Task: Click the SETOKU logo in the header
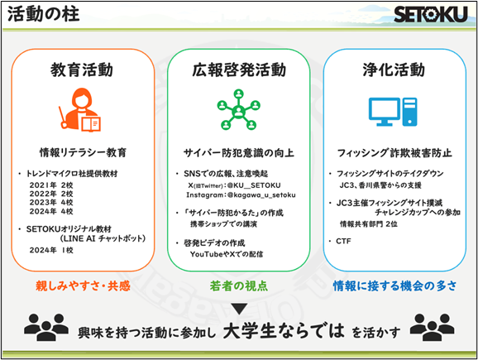pyautogui.click(x=431, y=14)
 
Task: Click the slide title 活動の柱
pyautogui.click(x=43, y=14)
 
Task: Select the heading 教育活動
pyautogui.click(x=82, y=70)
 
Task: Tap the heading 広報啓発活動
pyautogui.click(x=239, y=70)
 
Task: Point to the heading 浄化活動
pyautogui.click(x=394, y=70)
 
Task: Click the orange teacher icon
pyautogui.click(x=80, y=110)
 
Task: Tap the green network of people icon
pyautogui.click(x=238, y=109)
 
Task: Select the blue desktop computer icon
pyautogui.click(x=393, y=112)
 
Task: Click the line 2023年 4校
pyautogui.click(x=51, y=202)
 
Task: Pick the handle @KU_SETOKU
pyautogui.click(x=254, y=185)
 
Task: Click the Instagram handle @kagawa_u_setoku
pyautogui.click(x=261, y=195)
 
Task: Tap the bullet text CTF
pyautogui.click(x=343, y=242)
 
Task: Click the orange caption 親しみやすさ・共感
pyautogui.click(x=83, y=286)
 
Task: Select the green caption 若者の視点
pyautogui.click(x=239, y=286)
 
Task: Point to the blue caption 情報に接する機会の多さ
pyautogui.click(x=395, y=286)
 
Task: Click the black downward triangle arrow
pyautogui.click(x=239, y=309)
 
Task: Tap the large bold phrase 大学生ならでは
pyautogui.click(x=284, y=331)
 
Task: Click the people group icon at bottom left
pyautogui.click(x=46, y=327)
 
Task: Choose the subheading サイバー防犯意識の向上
pyautogui.click(x=239, y=152)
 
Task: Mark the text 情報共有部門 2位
pyautogui.click(x=369, y=224)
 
